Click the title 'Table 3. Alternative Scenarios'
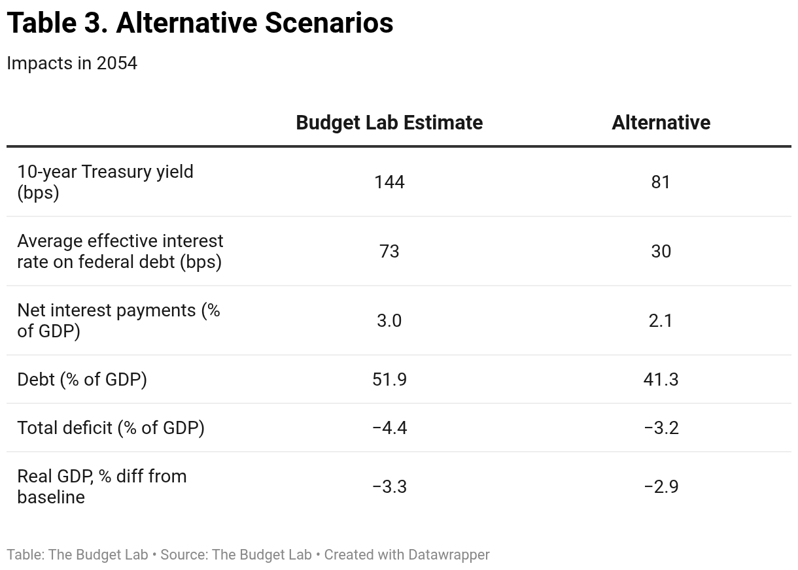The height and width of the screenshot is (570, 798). pyautogui.click(x=199, y=24)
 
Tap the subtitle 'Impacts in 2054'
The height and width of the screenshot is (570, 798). pyautogui.click(x=72, y=63)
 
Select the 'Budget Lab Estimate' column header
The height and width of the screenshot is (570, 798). pyautogui.click(x=389, y=123)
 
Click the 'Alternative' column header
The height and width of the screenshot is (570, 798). pyautogui.click(x=661, y=123)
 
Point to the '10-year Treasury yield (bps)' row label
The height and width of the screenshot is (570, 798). pyautogui.click(x=105, y=182)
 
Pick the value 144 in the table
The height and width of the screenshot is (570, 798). pyautogui.click(x=389, y=182)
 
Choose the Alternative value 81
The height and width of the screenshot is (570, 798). pyautogui.click(x=661, y=182)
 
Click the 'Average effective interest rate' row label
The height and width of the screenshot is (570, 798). pyautogui.click(x=120, y=251)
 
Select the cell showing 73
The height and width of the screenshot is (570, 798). pyautogui.click(x=389, y=251)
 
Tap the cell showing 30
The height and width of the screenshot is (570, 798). pyautogui.click(x=661, y=251)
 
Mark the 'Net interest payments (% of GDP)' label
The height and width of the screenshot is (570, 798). pyautogui.click(x=118, y=320)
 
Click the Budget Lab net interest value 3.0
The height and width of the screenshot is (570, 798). pyautogui.click(x=389, y=320)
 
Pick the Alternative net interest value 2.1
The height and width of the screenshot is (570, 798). pyautogui.click(x=661, y=320)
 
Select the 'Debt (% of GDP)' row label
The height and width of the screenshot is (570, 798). pyautogui.click(x=82, y=379)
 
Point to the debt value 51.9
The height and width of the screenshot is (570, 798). pyautogui.click(x=389, y=379)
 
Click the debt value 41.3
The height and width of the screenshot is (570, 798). pyautogui.click(x=661, y=379)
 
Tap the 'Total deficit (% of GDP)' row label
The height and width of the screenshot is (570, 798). pyautogui.click(x=111, y=427)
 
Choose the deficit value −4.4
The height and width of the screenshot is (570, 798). pyautogui.click(x=389, y=427)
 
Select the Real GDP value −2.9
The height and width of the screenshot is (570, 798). pyautogui.click(x=661, y=486)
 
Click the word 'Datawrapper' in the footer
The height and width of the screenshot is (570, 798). pyautogui.click(x=448, y=555)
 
